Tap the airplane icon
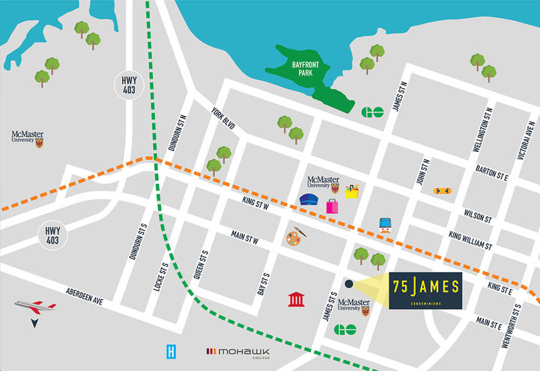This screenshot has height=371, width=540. [34, 307]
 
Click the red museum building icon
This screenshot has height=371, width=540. [297, 300]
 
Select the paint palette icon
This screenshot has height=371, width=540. [295, 237]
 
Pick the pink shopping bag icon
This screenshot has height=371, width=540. [332, 206]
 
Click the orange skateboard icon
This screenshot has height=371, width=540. [442, 191]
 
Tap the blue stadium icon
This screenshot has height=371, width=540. [309, 200]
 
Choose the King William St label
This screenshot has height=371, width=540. [470, 241]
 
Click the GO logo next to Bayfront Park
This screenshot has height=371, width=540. [371, 113]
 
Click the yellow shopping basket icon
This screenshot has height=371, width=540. [351, 191]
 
